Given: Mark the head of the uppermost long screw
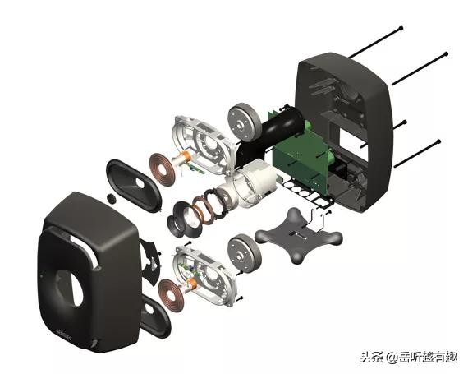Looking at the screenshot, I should click(401, 27).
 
